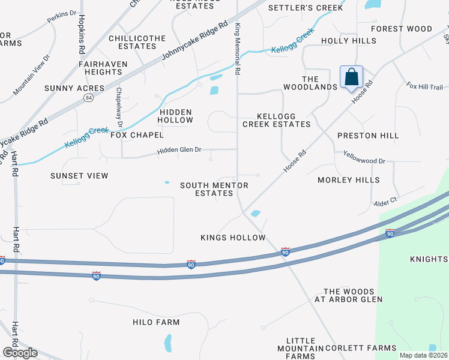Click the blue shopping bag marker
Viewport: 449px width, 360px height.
(351, 77)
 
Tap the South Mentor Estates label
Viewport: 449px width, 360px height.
(214, 189)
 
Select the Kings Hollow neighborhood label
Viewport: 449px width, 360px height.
(233, 238)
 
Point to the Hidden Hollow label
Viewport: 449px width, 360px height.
(176, 116)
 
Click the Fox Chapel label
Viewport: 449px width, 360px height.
(137, 135)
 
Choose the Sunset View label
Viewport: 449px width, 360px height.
(79, 176)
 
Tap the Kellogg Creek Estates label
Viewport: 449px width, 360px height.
(276, 120)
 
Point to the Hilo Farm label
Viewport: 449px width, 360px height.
(156, 322)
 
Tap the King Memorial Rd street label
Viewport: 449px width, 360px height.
(238, 49)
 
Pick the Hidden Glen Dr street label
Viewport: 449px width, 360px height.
(179, 150)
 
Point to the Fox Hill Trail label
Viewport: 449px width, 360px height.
(424, 87)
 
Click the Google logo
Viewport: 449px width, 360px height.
(19, 353)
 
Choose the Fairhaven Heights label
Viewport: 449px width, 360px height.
(100, 67)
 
